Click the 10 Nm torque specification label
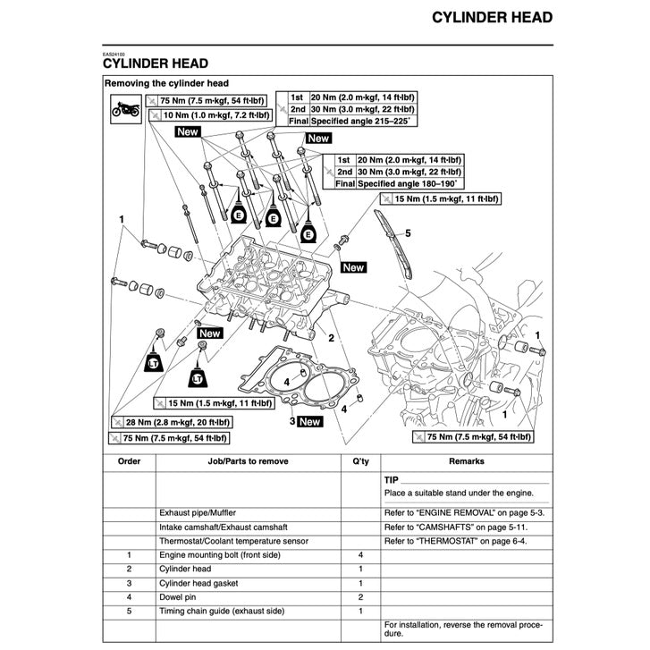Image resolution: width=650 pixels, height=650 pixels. [x=209, y=115]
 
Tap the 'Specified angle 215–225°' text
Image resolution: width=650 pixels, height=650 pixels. [x=361, y=120]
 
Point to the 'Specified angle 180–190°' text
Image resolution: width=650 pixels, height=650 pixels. [x=409, y=182]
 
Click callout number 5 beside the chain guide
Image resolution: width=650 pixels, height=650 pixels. [x=408, y=232]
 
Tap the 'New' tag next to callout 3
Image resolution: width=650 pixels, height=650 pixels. [x=309, y=421]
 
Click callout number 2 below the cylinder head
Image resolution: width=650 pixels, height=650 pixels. [x=331, y=339]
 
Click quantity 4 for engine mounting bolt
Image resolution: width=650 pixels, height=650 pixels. [x=360, y=554]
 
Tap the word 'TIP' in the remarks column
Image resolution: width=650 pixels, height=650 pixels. [x=392, y=480]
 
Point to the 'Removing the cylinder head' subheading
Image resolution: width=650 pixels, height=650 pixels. [x=166, y=83]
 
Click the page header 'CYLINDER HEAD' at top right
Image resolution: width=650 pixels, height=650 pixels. [x=492, y=17]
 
